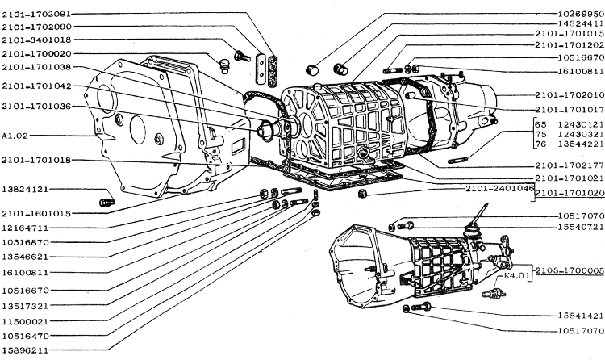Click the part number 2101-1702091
[35, 15]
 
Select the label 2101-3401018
[35, 40]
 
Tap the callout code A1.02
[15, 136]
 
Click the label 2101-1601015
[35, 214]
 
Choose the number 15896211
[25, 350]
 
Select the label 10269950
[579, 14]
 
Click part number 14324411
[579, 24]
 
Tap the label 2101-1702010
[569, 94]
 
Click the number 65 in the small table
[540, 123]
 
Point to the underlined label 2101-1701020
[569, 194]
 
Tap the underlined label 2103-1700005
[569, 269]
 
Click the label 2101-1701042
[35, 86]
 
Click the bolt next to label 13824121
[106, 200]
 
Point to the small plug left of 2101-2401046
[363, 193]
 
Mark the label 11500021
[25, 321]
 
